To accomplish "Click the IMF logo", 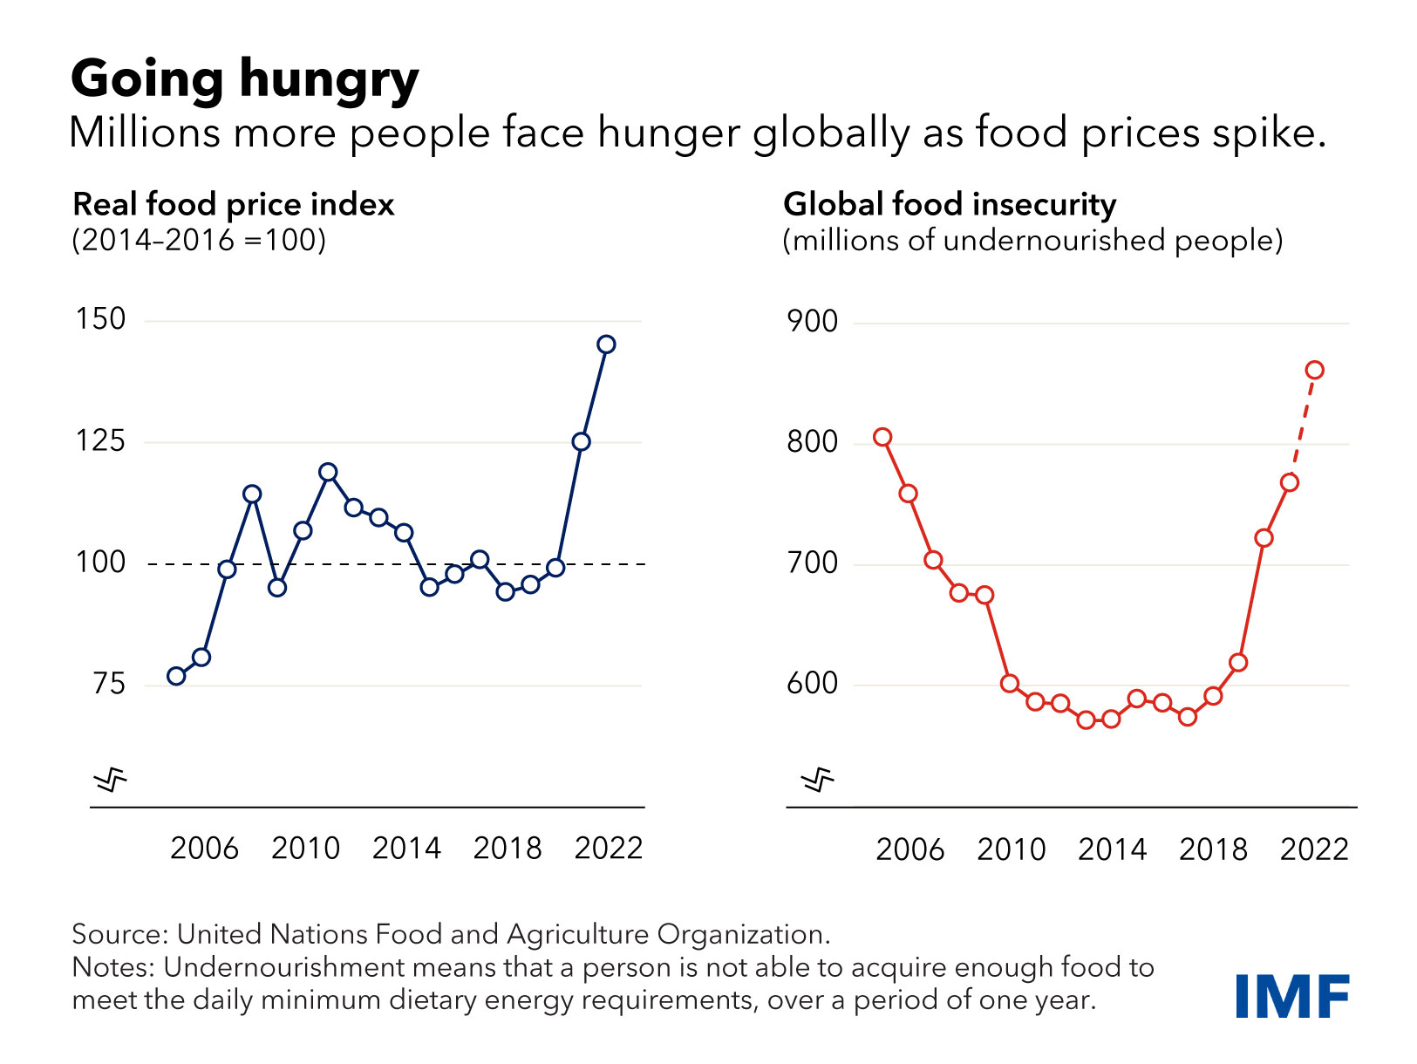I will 1292,996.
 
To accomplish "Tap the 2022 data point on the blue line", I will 606,344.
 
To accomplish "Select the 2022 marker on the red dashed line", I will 1314,371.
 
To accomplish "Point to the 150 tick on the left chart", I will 100,319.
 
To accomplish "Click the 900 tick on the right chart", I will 812,322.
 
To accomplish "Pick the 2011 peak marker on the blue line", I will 328,473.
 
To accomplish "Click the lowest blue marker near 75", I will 176,676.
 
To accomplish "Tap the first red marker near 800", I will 882,438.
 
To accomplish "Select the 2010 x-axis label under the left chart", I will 305,848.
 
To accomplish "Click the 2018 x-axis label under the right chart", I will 1213,849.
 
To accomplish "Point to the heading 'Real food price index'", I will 233,204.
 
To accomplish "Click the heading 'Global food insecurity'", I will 949,204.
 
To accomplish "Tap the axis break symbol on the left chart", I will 111,779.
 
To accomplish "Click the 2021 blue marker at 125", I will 581,442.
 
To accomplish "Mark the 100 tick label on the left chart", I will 100,563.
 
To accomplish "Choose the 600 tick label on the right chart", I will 812,684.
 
